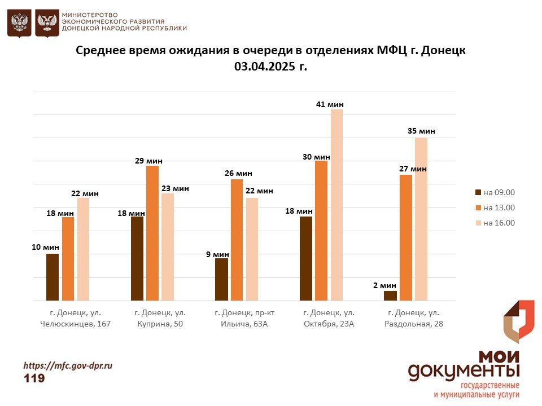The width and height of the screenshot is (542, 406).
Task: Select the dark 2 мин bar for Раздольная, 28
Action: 390,295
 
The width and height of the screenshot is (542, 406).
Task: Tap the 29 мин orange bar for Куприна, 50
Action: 152,233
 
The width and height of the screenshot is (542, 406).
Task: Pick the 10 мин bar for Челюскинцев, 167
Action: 53,277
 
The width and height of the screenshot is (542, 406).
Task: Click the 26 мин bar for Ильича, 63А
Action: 237,240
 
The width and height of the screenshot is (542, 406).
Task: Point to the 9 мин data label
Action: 217,254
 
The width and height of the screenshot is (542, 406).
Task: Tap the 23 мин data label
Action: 175,188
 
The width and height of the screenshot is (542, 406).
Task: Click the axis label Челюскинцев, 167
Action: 76,324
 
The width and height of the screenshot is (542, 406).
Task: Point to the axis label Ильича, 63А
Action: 241,324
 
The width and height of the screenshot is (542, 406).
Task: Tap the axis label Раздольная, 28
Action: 414,324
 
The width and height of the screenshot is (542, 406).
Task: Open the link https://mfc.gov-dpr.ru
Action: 68,365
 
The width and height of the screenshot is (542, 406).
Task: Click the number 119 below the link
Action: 34,378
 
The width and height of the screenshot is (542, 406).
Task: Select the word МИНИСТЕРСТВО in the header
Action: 90,14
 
